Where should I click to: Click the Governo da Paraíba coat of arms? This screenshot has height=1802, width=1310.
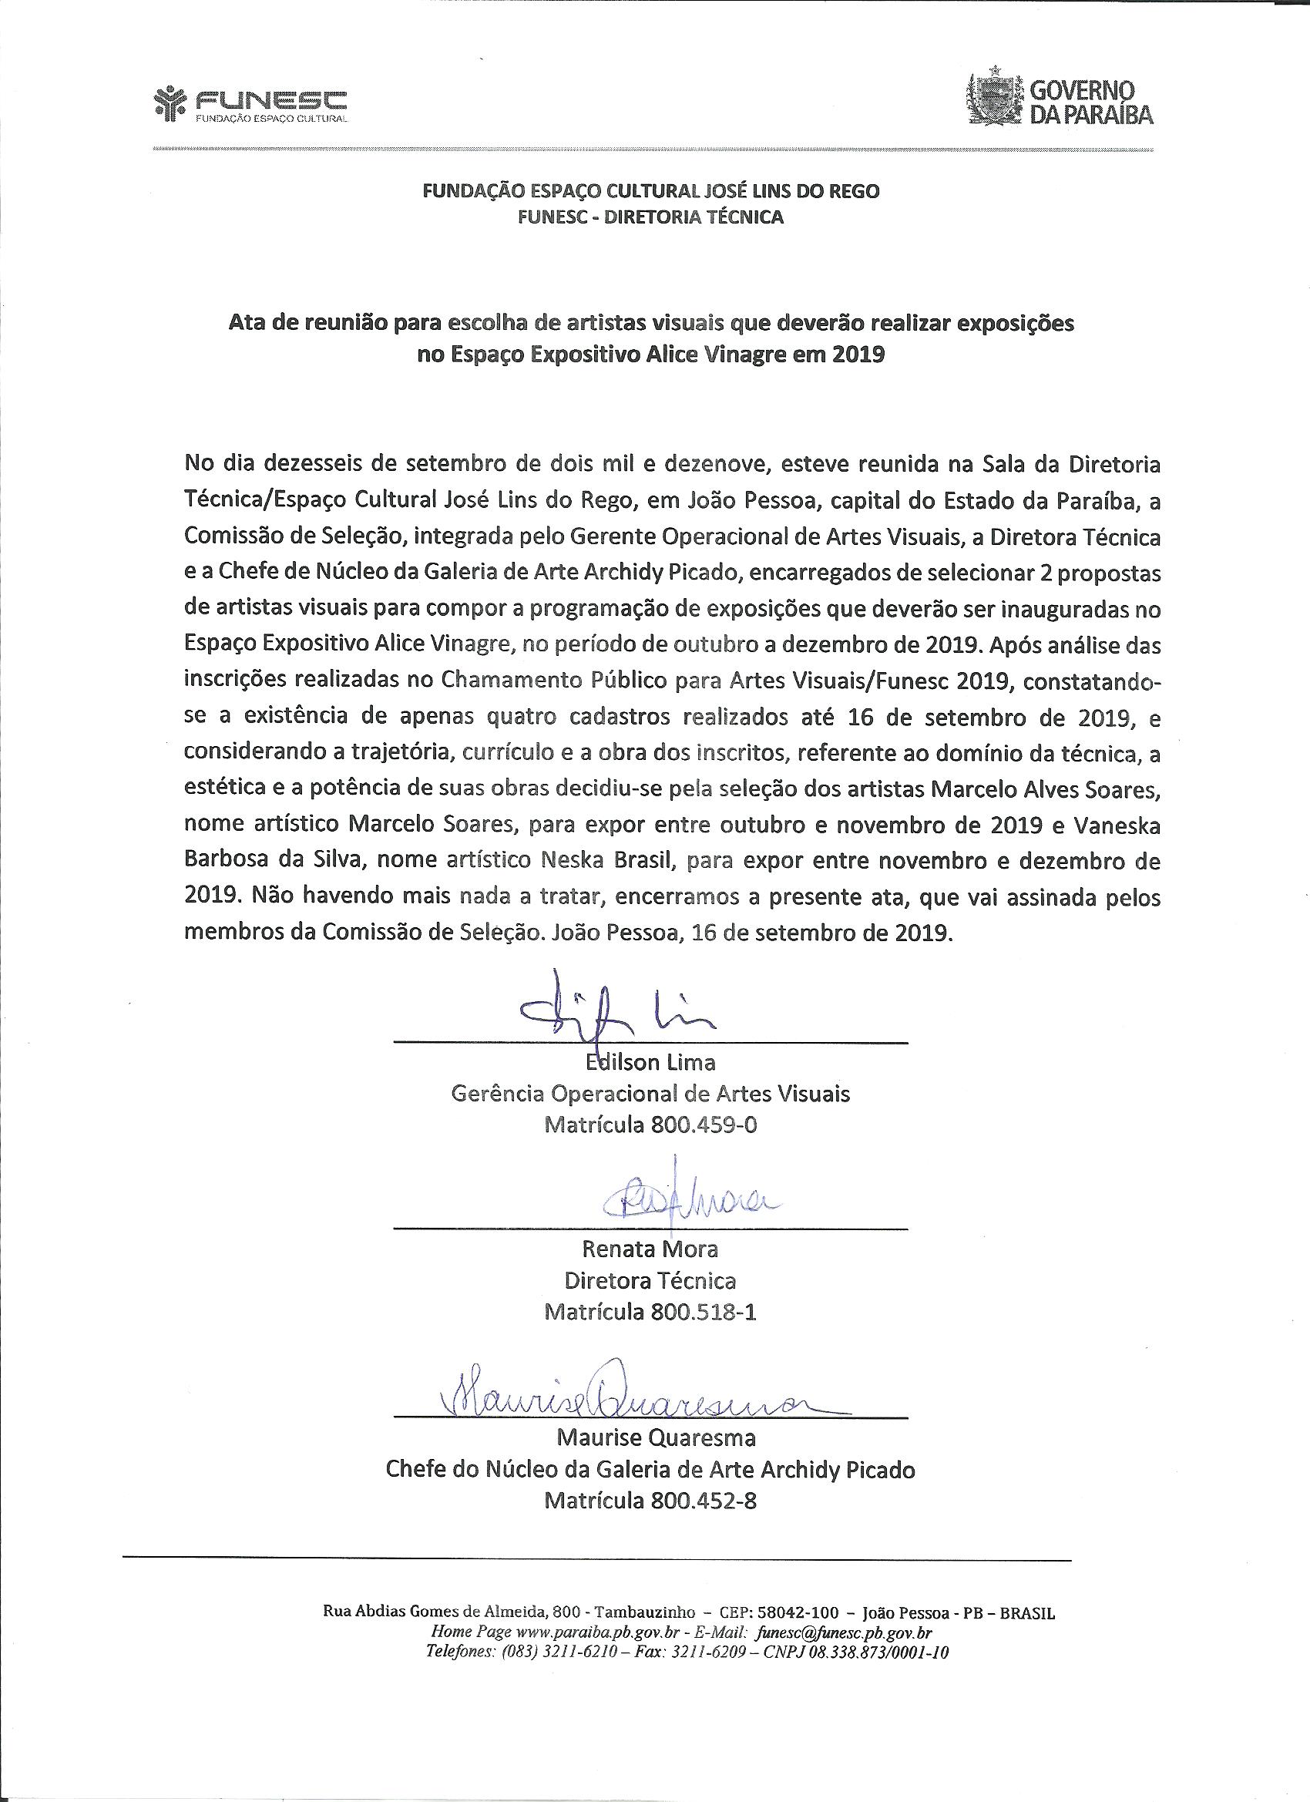tap(995, 99)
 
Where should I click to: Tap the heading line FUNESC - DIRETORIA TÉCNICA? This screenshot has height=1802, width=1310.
tap(650, 217)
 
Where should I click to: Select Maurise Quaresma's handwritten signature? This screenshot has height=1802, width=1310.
tap(627, 1405)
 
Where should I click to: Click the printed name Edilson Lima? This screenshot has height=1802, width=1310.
tap(650, 1061)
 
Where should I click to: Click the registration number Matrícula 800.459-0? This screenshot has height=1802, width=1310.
tap(650, 1125)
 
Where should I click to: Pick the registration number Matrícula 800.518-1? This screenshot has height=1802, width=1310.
tap(650, 1312)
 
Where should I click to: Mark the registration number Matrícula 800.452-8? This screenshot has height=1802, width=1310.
tap(650, 1501)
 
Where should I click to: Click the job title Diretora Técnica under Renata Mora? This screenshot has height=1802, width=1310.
tap(650, 1280)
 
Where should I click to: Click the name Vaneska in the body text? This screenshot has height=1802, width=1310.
tap(1117, 825)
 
